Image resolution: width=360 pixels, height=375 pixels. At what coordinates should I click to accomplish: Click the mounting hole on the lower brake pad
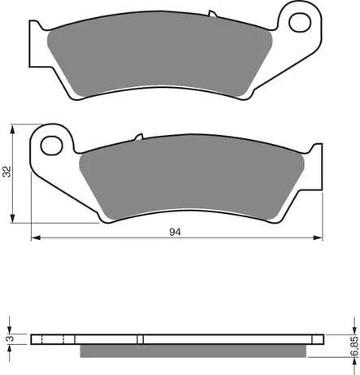50,146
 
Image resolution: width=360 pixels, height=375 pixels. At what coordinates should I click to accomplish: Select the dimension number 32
7,172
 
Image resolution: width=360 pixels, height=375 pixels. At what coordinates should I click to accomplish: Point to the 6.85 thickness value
352,343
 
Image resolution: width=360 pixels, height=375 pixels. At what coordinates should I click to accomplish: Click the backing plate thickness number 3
8,338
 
